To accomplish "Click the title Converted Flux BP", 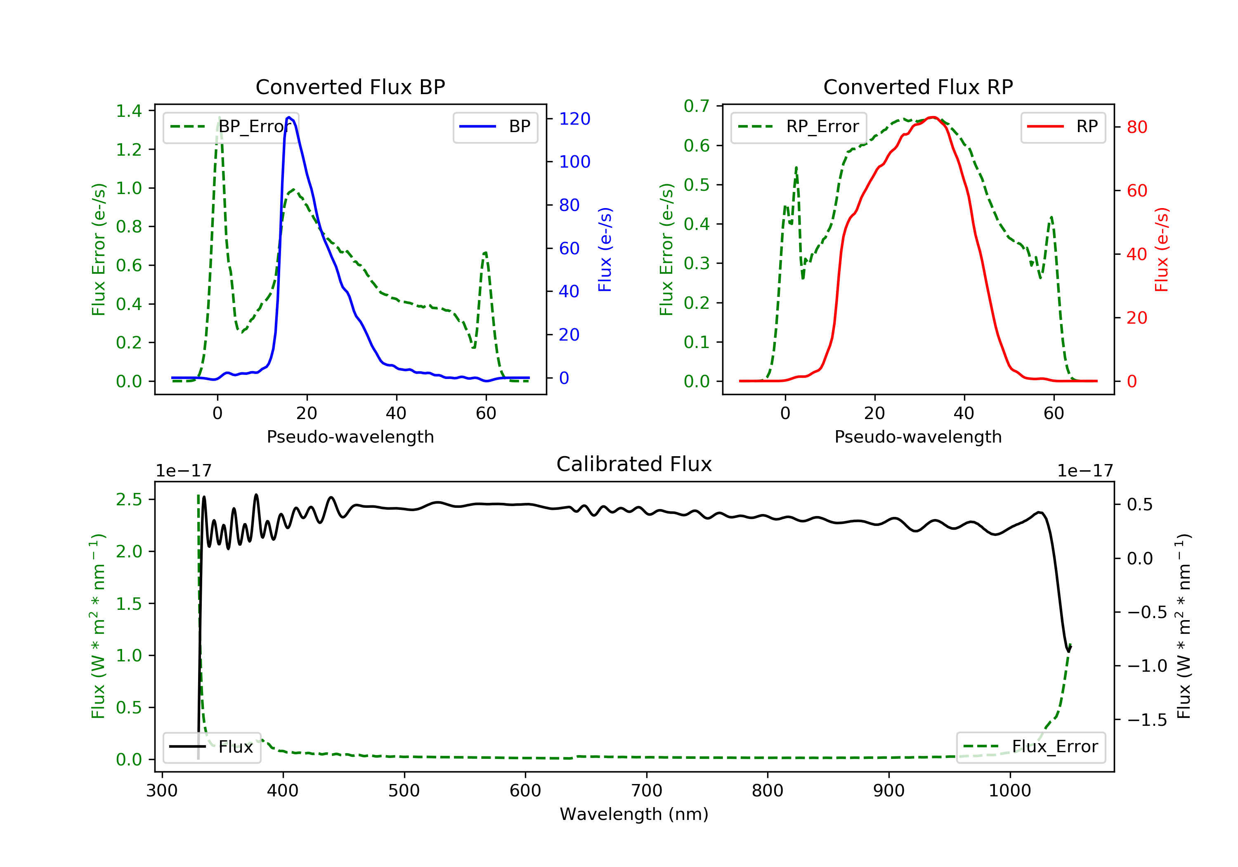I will click(350, 87).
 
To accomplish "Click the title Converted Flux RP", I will click(918, 87).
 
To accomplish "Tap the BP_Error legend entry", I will click(231, 127).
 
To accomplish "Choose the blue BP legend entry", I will click(495, 127).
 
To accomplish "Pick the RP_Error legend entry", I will click(799, 127).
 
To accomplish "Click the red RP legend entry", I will click(1063, 127).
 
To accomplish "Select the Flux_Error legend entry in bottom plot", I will click(1030, 747).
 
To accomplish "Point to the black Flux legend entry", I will click(211, 747).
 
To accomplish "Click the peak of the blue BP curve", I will click(289, 117).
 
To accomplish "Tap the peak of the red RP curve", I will click(932, 117).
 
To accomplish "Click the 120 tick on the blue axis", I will click(574, 118).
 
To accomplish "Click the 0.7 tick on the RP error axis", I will click(697, 106).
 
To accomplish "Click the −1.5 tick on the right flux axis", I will click(1147, 720).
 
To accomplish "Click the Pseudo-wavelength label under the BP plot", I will click(350, 436).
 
